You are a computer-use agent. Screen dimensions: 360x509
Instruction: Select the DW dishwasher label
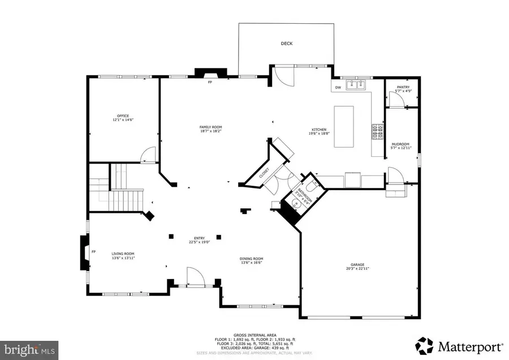pos(338,87)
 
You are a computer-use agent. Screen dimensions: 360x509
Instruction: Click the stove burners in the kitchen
pos(376,132)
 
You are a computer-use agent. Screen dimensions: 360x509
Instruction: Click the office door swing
pos(148,154)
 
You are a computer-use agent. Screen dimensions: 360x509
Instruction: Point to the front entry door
pos(196,278)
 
